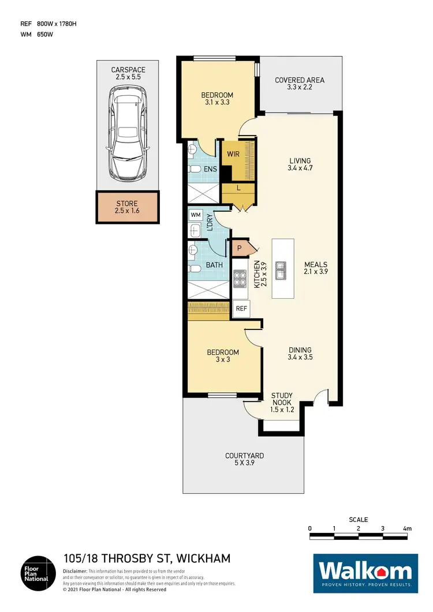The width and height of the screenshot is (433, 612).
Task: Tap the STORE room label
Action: (x=128, y=207)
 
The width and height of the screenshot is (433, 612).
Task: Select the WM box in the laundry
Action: (x=195, y=215)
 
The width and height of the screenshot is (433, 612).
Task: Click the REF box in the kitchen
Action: (x=241, y=309)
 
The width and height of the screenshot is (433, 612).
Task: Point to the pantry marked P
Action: (x=238, y=248)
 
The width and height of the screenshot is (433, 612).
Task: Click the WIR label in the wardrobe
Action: (x=233, y=155)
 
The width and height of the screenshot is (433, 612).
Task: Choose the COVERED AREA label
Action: (x=299, y=84)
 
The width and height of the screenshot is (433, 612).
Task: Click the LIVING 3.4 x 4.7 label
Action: (x=300, y=164)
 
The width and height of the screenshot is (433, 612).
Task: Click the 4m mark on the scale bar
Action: (x=407, y=528)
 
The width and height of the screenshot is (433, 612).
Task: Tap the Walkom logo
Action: (x=365, y=573)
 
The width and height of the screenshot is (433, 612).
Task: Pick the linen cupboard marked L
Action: (x=238, y=189)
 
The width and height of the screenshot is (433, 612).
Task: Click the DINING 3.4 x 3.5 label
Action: (x=300, y=354)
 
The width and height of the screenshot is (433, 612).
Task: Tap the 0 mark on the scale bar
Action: (x=310, y=528)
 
